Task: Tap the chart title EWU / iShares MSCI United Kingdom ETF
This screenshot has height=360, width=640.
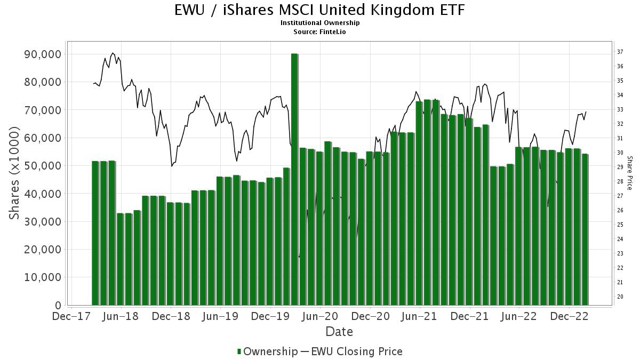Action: [x=319, y=10]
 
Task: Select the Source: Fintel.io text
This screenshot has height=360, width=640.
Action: [x=319, y=31]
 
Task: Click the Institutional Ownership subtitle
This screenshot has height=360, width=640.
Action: [x=319, y=23]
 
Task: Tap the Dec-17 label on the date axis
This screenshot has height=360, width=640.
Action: [x=71, y=316]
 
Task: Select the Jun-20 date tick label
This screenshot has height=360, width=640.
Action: [x=320, y=316]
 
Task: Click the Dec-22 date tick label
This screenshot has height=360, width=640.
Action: [x=570, y=316]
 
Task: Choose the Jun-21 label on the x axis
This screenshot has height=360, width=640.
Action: [x=420, y=316]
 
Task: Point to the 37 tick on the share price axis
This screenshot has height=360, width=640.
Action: [x=620, y=52]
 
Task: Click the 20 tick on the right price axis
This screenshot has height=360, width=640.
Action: [x=620, y=297]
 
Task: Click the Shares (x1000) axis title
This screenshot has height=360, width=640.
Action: [x=15, y=173]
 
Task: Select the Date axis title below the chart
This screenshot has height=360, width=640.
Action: [x=339, y=332]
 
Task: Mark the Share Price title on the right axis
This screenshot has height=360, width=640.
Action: [x=629, y=173]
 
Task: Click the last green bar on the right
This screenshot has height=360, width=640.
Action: [x=585, y=229]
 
